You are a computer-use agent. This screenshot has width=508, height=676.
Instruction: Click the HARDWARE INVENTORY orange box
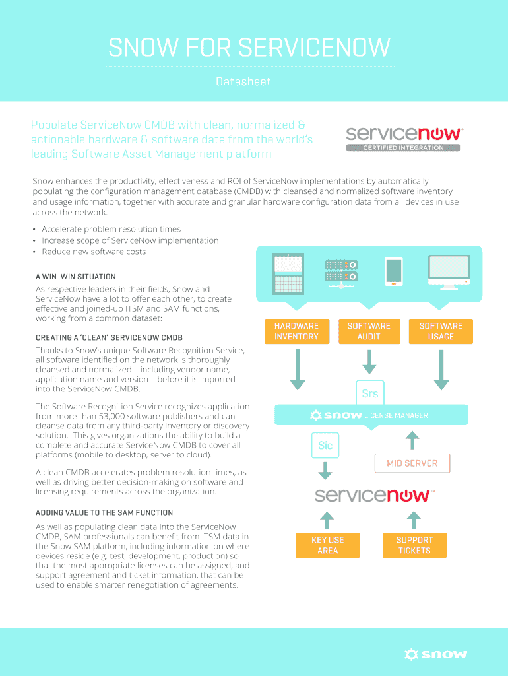click(x=296, y=331)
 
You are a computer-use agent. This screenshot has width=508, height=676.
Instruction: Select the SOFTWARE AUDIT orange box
click(x=369, y=331)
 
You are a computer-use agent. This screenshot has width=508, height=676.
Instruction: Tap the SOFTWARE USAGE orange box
click(x=441, y=331)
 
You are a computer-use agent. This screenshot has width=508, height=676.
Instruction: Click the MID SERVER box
click(x=412, y=463)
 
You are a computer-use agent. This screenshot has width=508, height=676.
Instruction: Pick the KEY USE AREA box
click(x=327, y=545)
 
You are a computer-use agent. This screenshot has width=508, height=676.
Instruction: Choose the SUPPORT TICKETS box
click(x=414, y=545)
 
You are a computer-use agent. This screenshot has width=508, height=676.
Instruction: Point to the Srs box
click(x=370, y=394)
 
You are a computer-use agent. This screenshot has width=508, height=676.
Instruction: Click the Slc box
click(x=325, y=446)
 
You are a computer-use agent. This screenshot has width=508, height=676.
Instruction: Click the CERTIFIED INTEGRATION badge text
click(x=403, y=148)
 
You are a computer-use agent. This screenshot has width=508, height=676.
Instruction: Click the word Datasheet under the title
click(x=243, y=82)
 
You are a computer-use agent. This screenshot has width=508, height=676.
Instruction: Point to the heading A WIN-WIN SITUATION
click(x=76, y=277)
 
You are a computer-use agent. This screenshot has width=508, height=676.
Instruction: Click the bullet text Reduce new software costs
click(x=94, y=252)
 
